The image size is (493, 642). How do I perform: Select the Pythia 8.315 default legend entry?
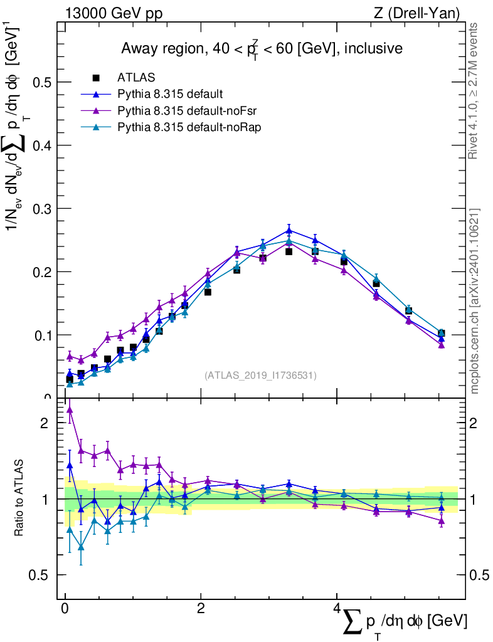pos(170,95)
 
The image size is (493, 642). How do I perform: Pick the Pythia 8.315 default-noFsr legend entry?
pos(183,110)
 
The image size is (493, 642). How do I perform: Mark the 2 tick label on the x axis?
pos(200,609)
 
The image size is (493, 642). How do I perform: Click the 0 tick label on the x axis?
pos(65,609)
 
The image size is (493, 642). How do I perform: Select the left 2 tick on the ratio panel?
pos(44,423)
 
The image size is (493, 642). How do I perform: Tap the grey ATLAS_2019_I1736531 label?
pos(260,376)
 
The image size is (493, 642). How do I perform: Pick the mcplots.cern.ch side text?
pos(475,301)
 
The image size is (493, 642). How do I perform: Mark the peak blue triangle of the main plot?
pos(289,230)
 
